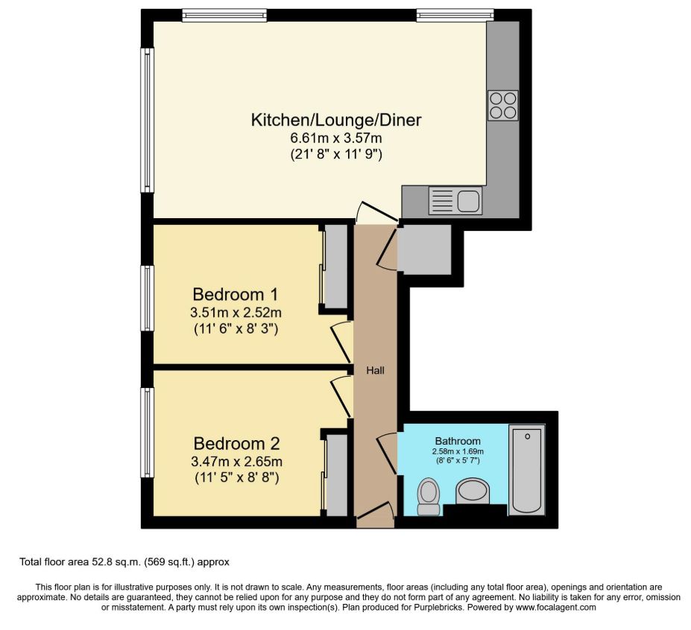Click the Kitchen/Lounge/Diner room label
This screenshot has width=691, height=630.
[x=335, y=120]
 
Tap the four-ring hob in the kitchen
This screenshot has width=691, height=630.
[x=503, y=105]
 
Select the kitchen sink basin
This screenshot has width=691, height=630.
[x=468, y=201]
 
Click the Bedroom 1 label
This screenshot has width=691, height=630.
[x=236, y=293]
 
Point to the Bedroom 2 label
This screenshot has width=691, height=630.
[x=236, y=443]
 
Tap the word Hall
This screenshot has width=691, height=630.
[x=376, y=371]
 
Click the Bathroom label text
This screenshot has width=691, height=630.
[x=458, y=441]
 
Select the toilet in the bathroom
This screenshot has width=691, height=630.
[x=429, y=497]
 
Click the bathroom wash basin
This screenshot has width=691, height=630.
[x=473, y=491]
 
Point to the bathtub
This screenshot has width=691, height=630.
[x=527, y=470]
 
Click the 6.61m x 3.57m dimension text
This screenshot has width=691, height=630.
[x=335, y=139]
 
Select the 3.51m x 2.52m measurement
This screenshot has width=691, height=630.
[x=236, y=313]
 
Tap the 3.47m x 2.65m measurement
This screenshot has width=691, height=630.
[x=236, y=462]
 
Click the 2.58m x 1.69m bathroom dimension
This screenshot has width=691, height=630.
[x=458, y=452]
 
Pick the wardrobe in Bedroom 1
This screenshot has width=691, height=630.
[x=335, y=267]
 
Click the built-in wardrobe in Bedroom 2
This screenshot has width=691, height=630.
[x=337, y=475]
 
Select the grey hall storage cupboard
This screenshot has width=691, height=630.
[x=424, y=249]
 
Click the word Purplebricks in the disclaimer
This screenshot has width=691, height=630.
[x=438, y=608]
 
